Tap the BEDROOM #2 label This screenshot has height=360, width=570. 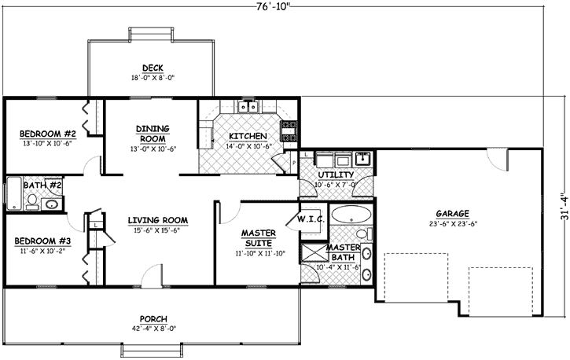(x=46, y=133)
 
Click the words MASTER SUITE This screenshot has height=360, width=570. (x=257, y=237)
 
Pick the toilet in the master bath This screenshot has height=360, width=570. (x=359, y=234)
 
